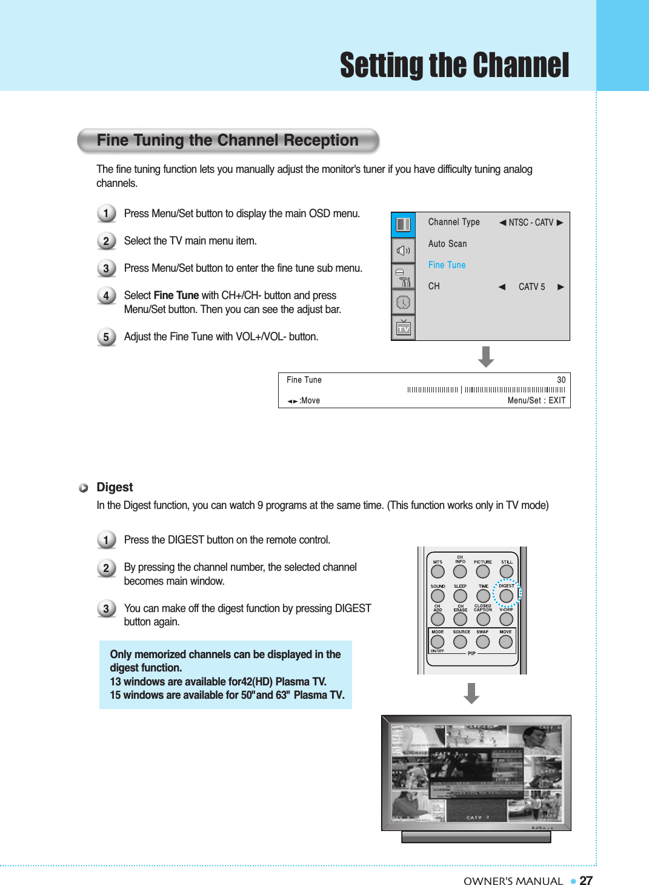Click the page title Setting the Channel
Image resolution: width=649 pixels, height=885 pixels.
coord(454,66)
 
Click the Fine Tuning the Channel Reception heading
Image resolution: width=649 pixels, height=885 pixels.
coord(227,141)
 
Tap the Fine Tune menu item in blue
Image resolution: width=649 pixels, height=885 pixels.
coord(447,265)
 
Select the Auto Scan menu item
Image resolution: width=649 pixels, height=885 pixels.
coord(447,244)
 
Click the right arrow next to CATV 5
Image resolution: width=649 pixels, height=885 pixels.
coord(561,287)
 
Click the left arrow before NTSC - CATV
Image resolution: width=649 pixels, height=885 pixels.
coord(502,223)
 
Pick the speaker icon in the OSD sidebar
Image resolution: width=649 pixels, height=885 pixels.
coord(403,251)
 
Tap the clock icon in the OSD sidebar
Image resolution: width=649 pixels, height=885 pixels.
coord(403,302)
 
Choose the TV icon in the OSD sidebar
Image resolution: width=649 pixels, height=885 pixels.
coord(404,328)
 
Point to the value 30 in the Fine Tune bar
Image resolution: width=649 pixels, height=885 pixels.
coord(561,380)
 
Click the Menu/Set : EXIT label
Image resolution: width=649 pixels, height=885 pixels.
coord(536,400)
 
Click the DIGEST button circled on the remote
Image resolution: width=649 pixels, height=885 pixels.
coord(506,596)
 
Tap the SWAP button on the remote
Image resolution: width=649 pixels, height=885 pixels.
coord(483,642)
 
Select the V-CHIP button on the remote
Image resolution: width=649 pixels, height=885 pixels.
coord(506,619)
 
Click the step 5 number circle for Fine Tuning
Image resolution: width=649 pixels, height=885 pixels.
coord(106,337)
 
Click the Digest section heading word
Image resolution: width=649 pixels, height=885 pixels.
coord(115,488)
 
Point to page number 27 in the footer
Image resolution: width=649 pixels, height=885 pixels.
coord(586,881)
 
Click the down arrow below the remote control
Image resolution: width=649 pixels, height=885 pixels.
coord(471,693)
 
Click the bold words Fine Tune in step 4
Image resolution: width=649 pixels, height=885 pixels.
coord(176,295)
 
